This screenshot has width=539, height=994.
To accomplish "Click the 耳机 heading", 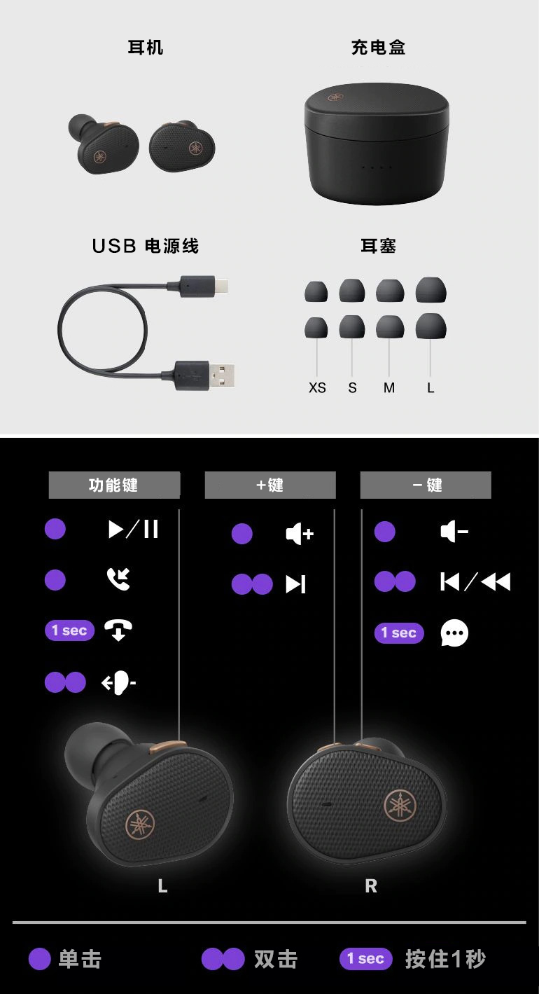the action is tap(146, 47).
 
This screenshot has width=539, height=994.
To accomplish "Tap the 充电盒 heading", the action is tap(378, 47).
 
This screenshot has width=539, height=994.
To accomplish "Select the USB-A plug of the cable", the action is tap(204, 375).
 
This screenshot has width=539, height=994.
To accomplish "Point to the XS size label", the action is tap(317, 388).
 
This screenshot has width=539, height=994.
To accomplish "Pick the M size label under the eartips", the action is tap(388, 388).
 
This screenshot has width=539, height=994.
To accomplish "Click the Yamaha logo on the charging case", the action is tap(335, 97).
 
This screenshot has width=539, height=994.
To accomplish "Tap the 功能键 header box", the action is tap(114, 485).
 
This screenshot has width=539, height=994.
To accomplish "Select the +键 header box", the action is tap(270, 485).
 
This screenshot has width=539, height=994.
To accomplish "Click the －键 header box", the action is tap(426, 485).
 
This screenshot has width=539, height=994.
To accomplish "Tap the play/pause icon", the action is tap(134, 529).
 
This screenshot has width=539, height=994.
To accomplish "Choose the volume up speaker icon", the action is tap(300, 533).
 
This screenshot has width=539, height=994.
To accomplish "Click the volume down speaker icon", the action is tap(454, 532).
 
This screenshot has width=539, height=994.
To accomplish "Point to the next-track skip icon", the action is tap(295, 584).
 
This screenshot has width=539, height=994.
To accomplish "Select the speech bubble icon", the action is tap(454, 633).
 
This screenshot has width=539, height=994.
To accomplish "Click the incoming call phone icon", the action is tap(118, 579).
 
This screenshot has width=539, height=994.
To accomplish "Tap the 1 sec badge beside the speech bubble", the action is tap(399, 633).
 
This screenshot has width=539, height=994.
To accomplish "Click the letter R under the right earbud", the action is tap(371, 886).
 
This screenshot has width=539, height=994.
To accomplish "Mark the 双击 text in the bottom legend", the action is tap(275, 959).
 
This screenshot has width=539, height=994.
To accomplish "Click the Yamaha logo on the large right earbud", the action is tap(400, 806).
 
